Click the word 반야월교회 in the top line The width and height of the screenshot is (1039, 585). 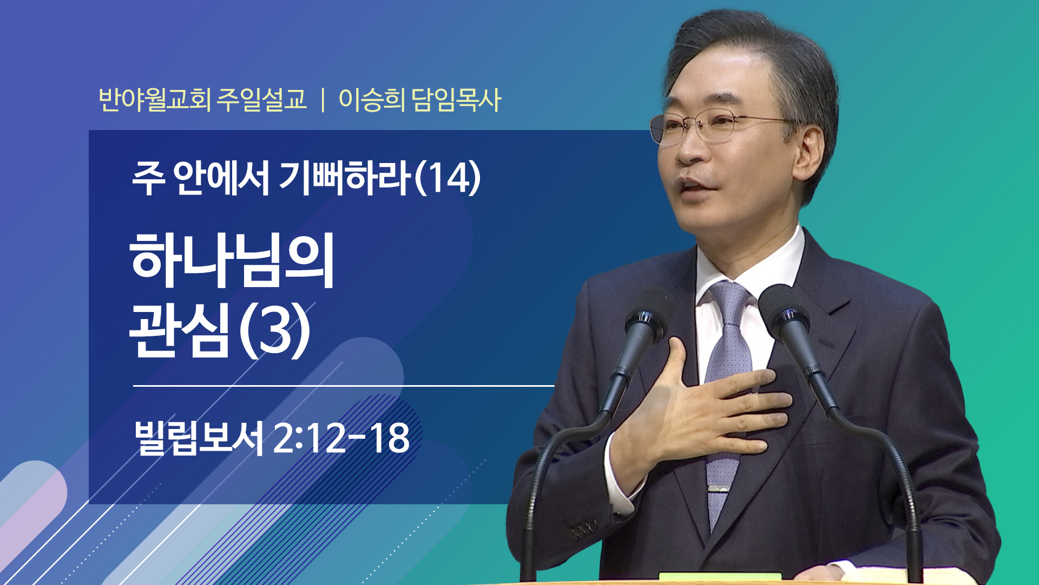click(x=154, y=100)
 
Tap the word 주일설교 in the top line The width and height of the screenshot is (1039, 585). click(x=262, y=100)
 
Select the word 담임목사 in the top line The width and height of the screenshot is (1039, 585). click(x=456, y=100)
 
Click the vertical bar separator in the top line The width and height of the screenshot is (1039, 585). click(x=323, y=100)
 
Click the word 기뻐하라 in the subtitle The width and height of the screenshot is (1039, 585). click(x=345, y=179)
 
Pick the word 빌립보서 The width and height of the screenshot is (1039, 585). click(x=199, y=438)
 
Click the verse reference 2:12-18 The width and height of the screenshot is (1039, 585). click(x=341, y=438)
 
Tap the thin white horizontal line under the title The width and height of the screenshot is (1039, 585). click(x=344, y=386)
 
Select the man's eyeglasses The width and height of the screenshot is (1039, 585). click(x=720, y=126)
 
